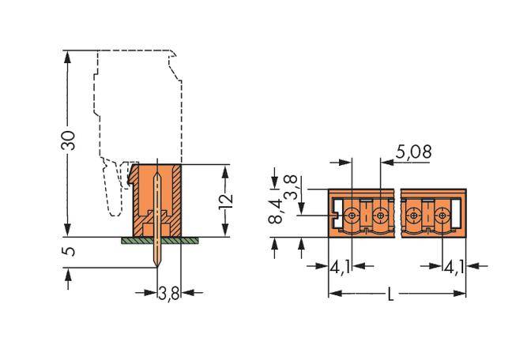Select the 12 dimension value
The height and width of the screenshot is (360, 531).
point(228,200)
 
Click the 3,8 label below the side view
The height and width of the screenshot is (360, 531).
point(169,294)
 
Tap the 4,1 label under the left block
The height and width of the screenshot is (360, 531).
point(341,266)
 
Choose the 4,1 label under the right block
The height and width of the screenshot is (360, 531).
point(454,266)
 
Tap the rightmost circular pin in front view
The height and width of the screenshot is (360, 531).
point(441,213)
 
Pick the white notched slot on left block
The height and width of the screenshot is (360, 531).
point(336,213)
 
